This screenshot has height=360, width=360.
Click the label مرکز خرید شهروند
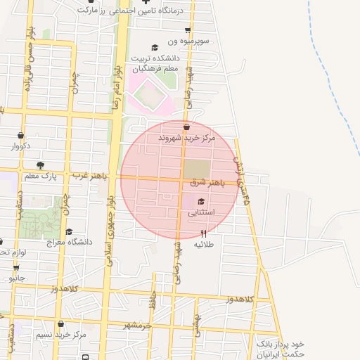click(x=186, y=139)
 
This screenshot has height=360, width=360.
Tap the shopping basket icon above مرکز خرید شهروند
click(x=186, y=127)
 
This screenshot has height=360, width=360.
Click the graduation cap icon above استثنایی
click(x=192, y=202)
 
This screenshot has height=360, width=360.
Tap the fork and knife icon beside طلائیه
click(x=204, y=233)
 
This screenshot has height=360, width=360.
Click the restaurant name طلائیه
click(x=204, y=244)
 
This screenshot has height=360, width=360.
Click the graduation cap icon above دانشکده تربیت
click(x=155, y=47)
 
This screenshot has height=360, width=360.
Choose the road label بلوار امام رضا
click(x=117, y=77)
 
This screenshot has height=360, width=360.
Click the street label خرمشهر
click(x=138, y=326)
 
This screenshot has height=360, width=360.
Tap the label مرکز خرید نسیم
click(x=61, y=335)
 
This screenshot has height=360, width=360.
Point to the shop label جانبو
click(x=16, y=278)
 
